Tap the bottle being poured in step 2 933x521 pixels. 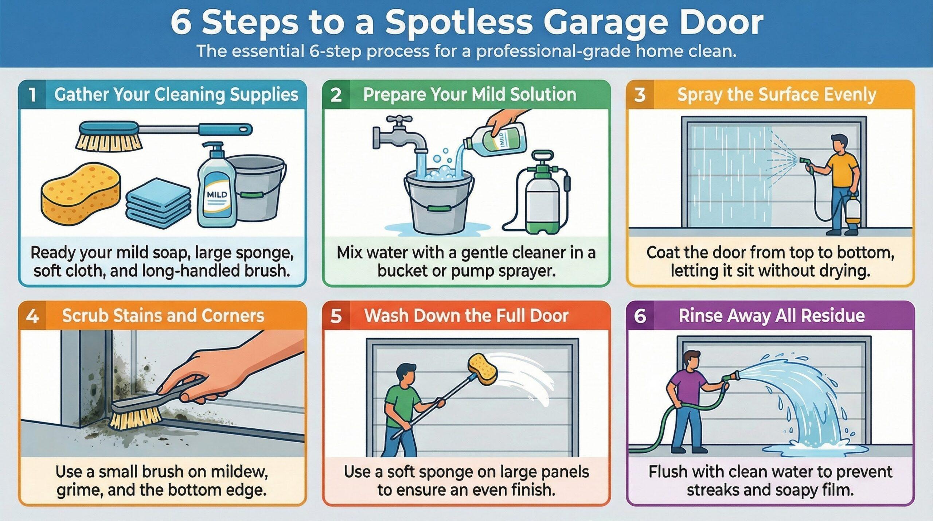(x=501, y=140)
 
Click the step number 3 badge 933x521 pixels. (x=640, y=95)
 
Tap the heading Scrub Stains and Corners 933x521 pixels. (x=163, y=316)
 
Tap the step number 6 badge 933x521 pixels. (x=640, y=316)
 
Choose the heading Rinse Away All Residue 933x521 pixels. (x=772, y=316)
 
